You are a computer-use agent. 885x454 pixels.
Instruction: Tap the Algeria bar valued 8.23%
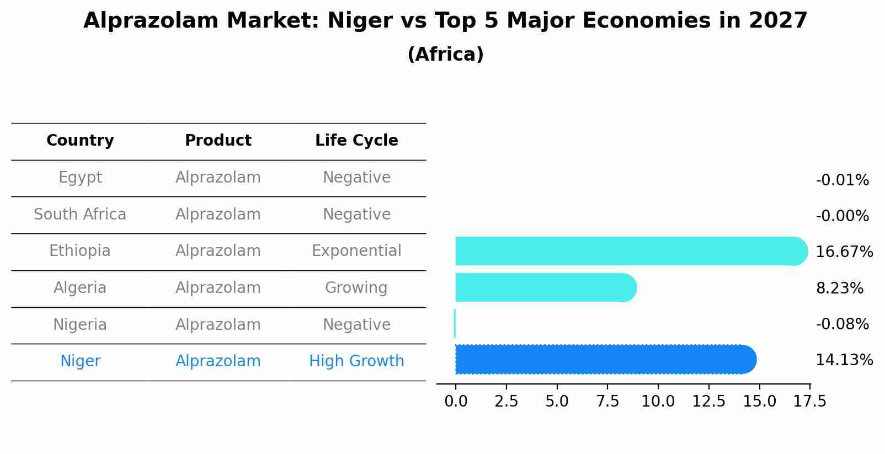(545, 287)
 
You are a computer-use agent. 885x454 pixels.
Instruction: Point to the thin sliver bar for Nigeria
(455, 323)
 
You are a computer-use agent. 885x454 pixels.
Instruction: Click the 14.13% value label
(844, 360)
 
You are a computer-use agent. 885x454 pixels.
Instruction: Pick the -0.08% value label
(842, 324)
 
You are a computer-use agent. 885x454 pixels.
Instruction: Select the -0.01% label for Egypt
(842, 180)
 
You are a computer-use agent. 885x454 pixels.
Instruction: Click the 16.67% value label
(844, 252)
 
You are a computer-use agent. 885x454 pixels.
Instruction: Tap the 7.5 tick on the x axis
(607, 401)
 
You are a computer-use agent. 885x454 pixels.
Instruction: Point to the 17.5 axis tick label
(809, 401)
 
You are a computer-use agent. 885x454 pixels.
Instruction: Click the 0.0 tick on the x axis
(456, 401)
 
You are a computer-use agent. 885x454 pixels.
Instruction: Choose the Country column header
(80, 141)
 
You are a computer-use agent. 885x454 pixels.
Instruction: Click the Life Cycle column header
(356, 141)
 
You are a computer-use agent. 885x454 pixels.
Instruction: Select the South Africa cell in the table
(80, 215)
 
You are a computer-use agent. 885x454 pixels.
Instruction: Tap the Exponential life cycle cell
(356, 251)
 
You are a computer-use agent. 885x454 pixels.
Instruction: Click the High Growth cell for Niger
(356, 361)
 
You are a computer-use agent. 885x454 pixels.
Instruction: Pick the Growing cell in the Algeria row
(356, 288)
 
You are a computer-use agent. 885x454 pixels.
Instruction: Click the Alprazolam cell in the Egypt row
(218, 178)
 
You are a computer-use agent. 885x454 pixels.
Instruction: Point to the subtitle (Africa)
(445, 55)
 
